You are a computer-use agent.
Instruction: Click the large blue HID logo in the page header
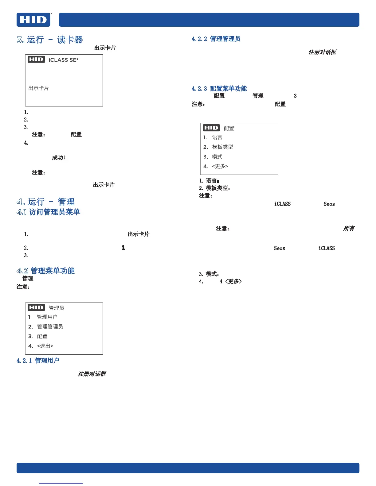pyautogui.click(x=33, y=20)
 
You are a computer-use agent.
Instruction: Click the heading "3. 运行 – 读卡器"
pyautogui.click(x=50, y=40)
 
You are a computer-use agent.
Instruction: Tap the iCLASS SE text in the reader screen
pyautogui.click(x=63, y=60)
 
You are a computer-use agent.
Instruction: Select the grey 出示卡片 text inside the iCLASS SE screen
pyautogui.click(x=39, y=88)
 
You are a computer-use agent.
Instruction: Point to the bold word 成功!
pyautogui.click(x=59, y=158)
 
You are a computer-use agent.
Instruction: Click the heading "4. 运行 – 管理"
pyautogui.click(x=46, y=202)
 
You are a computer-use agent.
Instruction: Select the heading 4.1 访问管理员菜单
pyautogui.click(x=48, y=212)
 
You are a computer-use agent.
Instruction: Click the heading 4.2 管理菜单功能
pyautogui.click(x=45, y=271)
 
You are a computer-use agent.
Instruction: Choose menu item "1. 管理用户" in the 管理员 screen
pyautogui.click(x=47, y=317)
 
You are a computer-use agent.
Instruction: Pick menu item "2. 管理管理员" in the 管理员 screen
pyautogui.click(x=50, y=327)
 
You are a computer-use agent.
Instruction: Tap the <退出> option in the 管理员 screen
pyautogui.click(x=45, y=346)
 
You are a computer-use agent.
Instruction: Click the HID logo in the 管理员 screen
pyautogui.click(x=36, y=307)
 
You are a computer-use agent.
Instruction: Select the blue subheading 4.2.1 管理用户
pyautogui.click(x=38, y=361)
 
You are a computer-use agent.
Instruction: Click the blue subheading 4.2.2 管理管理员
pyautogui.click(x=216, y=39)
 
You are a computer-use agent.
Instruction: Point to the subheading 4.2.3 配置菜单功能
pyautogui.click(x=219, y=89)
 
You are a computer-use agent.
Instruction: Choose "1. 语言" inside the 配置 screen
pyautogui.click(x=217, y=137)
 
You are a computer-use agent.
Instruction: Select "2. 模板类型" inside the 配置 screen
pyautogui.click(x=222, y=147)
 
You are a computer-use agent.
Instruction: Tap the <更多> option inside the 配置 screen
pyautogui.click(x=220, y=166)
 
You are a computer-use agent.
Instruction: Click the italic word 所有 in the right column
pyautogui.click(x=349, y=228)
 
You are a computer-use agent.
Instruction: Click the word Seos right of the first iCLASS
pyautogui.click(x=329, y=204)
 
